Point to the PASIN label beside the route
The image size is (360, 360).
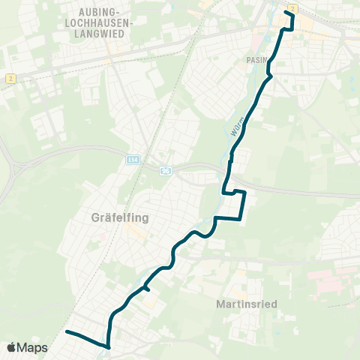point(255,58)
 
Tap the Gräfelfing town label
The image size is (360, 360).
point(121,218)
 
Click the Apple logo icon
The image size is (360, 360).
point(12,347)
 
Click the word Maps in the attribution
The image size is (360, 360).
point(33,347)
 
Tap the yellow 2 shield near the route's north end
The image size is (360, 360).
point(292,7)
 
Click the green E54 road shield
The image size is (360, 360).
point(132,160)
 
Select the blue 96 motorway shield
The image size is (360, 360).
point(166,171)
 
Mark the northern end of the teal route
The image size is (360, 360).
point(286,12)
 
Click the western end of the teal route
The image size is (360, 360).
point(67,331)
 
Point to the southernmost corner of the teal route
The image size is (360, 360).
point(109,347)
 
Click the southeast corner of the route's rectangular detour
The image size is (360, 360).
point(240,219)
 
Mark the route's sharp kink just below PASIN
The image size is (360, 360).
point(270,75)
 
